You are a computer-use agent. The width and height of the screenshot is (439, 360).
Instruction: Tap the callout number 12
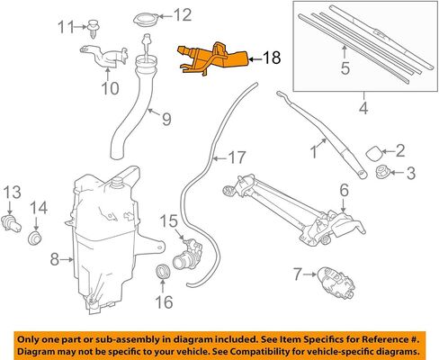coord(183,14)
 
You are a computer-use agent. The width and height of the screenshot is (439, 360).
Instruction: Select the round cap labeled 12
coord(144,20)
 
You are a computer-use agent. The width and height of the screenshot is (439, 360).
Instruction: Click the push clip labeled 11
coord(94,28)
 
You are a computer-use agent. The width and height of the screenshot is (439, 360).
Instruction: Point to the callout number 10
coord(110,88)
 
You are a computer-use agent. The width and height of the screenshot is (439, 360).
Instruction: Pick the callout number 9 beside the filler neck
coord(166,119)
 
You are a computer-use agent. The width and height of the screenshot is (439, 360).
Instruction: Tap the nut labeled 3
coord(382,173)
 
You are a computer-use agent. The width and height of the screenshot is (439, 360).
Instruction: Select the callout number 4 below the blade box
coord(363,108)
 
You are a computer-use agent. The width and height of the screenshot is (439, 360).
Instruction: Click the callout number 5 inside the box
coord(345,68)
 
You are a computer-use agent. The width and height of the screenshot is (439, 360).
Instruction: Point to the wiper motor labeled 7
coord(336,282)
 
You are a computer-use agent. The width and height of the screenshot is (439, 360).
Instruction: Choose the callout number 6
coord(344,190)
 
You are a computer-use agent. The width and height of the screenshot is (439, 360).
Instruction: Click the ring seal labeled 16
coord(164,271)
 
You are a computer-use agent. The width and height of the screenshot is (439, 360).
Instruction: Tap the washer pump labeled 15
coord(188,254)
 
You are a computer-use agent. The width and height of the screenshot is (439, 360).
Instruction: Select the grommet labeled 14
coord(35,238)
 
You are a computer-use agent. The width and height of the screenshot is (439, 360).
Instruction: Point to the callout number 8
coord(54,259)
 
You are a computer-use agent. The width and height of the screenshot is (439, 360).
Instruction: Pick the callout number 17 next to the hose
coord(237,157)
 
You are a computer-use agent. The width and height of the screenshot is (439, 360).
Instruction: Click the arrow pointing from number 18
coord(255,59)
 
